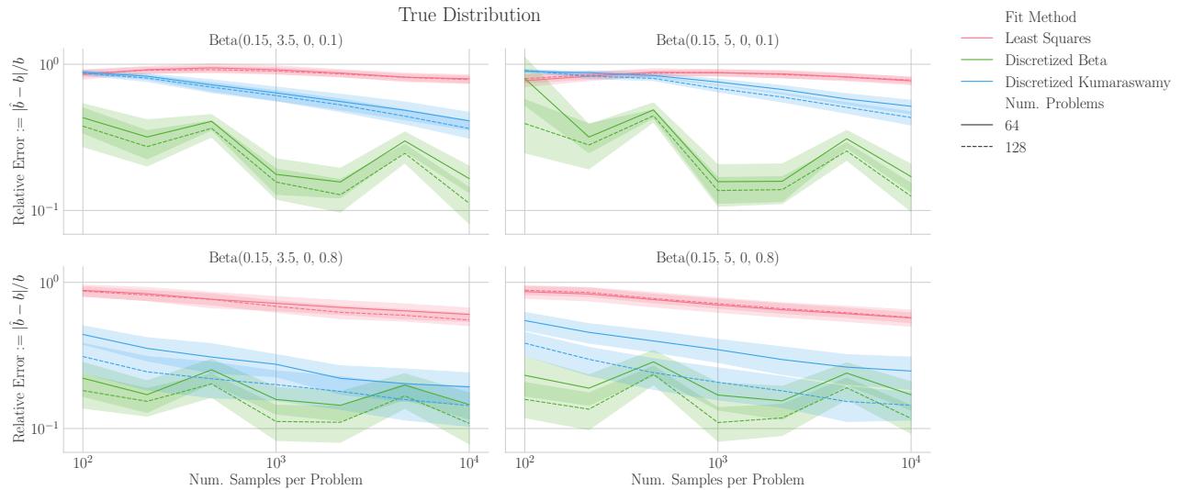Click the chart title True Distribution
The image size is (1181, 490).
[x=469, y=16]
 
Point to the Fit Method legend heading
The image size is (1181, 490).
[x=1040, y=17]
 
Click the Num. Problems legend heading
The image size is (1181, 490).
[x=1054, y=104]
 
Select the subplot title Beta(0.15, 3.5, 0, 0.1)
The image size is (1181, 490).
[x=276, y=40]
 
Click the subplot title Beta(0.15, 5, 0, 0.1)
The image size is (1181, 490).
[x=717, y=40]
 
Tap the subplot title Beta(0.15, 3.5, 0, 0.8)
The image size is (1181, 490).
[x=276, y=258]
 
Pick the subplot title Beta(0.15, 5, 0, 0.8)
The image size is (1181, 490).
[x=717, y=258]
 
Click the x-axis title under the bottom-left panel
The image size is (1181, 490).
[x=276, y=480]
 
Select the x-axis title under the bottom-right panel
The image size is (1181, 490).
[x=717, y=480]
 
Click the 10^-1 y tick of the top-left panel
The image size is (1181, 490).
[x=45, y=210]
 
